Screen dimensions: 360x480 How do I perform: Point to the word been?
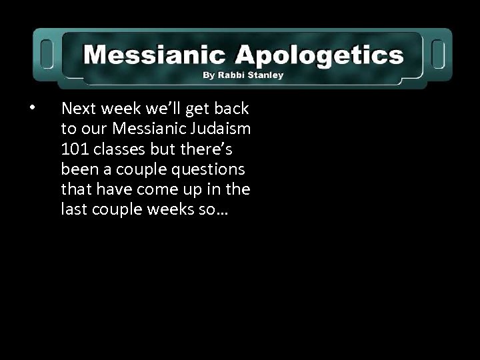point(77,169)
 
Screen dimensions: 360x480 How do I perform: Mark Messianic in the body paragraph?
point(145,128)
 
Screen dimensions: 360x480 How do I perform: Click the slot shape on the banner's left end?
point(47,53)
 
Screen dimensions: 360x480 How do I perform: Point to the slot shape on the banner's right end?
point(439,53)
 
